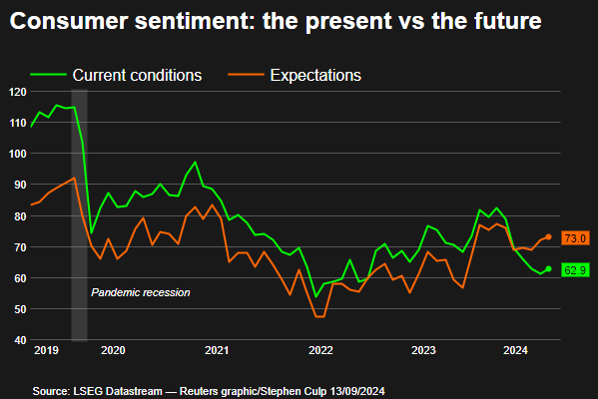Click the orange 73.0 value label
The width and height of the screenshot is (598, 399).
575,238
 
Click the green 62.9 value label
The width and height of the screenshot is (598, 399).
575,270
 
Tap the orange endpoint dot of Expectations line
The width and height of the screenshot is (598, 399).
548,237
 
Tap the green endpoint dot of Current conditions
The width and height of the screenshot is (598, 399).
548,268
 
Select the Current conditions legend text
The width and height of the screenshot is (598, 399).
137,75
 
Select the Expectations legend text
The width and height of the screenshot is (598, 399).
315,76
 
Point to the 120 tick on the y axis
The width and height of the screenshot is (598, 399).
18,92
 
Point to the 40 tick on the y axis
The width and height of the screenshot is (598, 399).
21,340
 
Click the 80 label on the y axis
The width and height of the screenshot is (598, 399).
21,216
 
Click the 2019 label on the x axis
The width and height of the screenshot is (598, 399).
46,350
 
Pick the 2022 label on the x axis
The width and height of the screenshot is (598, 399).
320,350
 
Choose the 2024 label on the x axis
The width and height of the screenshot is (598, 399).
515,350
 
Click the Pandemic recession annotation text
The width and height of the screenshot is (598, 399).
141,292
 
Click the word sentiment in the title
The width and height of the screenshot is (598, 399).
195,21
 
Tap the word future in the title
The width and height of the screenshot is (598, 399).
507,21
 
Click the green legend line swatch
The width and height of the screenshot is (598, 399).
49,75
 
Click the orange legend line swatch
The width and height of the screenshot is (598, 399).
246,75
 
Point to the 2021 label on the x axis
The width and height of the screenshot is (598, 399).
217,350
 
